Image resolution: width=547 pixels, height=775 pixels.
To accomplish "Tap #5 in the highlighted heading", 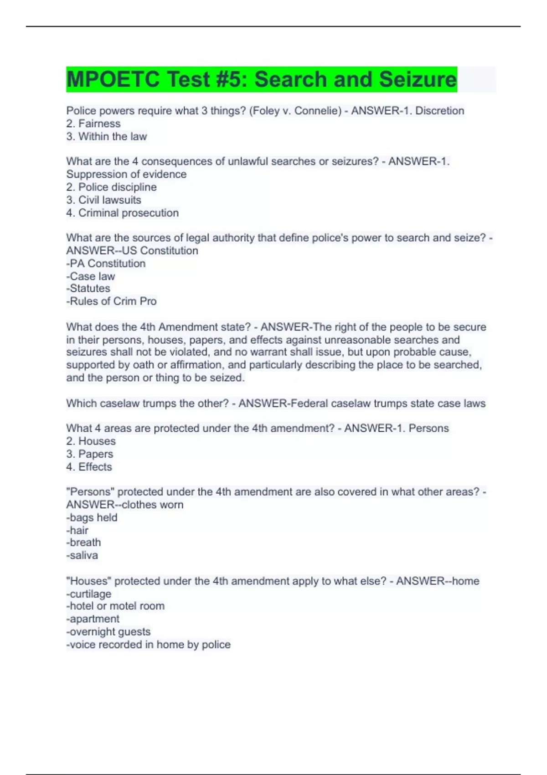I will [228, 79].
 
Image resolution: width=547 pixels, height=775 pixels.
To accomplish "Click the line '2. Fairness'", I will [93, 124].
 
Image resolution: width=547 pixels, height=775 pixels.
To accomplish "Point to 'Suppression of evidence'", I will [126, 174].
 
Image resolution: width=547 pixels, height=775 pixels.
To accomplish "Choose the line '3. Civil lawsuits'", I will [103, 200].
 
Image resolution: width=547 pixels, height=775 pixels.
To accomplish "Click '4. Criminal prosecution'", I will [122, 213].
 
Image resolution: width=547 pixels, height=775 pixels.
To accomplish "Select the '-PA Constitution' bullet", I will [106, 263].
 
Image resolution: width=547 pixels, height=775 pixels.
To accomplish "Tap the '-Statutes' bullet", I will [88, 289].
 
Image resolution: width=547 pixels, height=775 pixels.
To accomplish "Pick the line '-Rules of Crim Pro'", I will [111, 301].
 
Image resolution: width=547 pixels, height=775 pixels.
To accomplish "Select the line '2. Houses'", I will [91, 441].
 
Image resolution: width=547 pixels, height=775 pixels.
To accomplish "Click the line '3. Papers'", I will [89, 454].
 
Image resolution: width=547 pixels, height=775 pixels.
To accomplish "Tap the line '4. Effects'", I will [89, 467].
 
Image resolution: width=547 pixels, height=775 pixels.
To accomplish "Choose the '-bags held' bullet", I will [92, 517].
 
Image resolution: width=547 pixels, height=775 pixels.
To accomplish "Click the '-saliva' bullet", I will [82, 555].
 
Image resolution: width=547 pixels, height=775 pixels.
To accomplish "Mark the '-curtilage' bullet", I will [88, 594].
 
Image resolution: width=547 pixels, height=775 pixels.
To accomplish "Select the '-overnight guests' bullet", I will [108, 632].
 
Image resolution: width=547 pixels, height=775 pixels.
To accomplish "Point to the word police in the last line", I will [216, 645].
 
